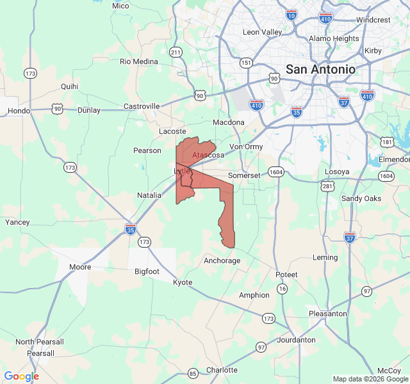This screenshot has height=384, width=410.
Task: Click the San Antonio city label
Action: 320,69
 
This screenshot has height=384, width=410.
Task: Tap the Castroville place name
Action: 141,106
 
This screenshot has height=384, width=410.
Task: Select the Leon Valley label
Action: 262,32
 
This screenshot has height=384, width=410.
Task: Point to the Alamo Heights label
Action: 334,38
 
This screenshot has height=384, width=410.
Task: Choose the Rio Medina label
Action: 138,61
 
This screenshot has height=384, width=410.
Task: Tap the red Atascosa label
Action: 208,155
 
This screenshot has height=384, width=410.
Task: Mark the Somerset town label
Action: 245,175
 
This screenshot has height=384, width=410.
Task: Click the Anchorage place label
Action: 222,260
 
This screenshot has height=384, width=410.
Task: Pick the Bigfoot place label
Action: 147,271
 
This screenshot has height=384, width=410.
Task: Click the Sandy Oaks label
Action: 361,198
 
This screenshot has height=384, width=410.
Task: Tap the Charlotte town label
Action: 222,370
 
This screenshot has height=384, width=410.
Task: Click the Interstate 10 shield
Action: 291,14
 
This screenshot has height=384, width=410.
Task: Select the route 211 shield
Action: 176,52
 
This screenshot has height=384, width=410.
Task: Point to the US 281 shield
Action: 327,186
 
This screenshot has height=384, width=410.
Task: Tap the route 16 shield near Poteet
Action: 282,289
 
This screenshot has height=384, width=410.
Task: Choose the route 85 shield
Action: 193,373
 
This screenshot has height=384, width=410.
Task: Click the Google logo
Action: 22,376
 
